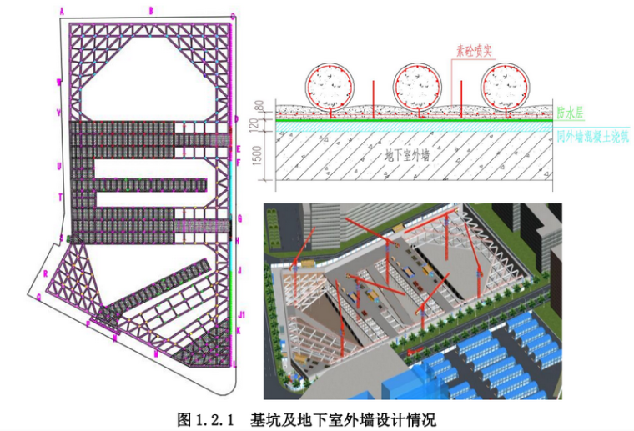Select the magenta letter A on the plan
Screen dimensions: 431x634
pos(62,11)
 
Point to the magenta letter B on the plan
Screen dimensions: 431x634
pos(151,10)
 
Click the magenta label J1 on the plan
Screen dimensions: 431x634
pos(241,314)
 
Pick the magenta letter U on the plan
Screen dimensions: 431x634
pos(59,166)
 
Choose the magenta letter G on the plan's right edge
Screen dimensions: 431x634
pos(239,218)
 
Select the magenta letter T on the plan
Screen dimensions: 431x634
pos(60,197)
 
